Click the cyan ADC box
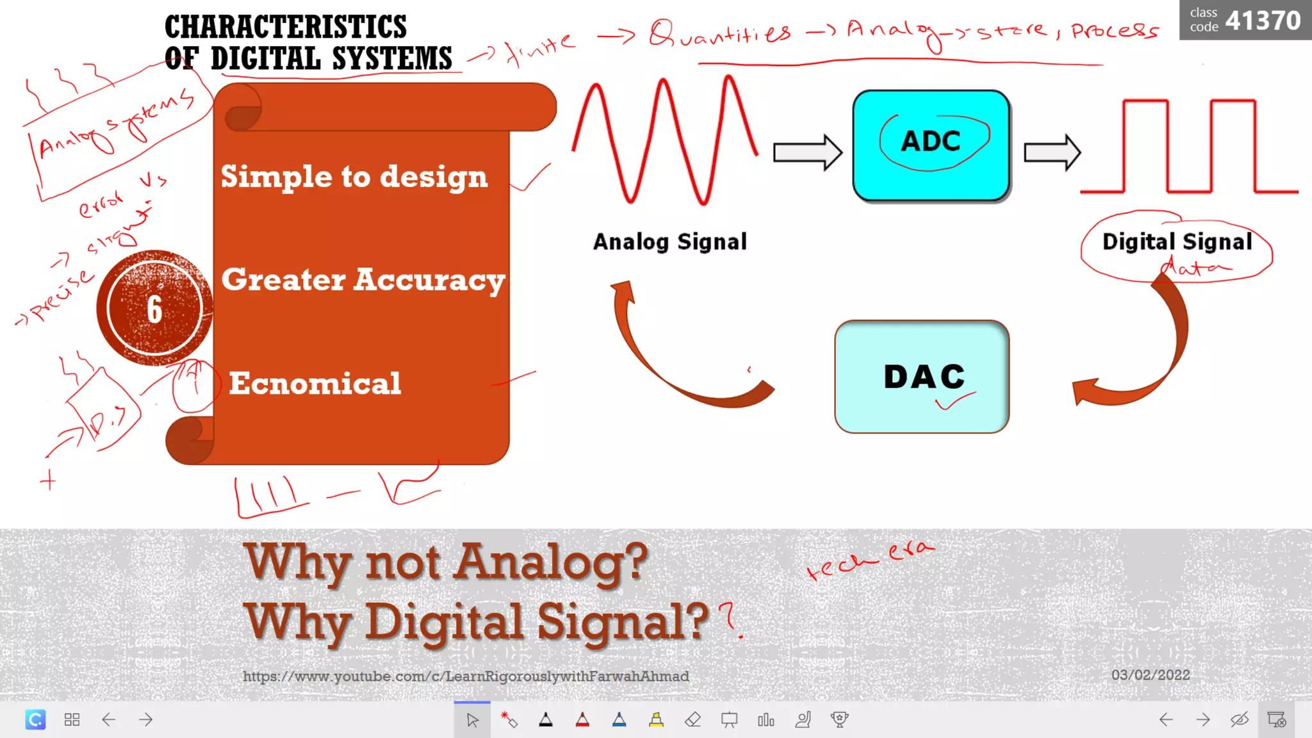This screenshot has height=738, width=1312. (x=931, y=145)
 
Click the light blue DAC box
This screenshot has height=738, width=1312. (x=922, y=377)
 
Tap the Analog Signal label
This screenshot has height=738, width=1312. (x=669, y=242)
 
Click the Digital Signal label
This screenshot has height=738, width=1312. (x=1177, y=242)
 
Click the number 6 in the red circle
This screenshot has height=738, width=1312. (x=154, y=309)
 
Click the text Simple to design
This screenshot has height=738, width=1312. (x=354, y=176)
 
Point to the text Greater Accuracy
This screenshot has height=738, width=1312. (x=363, y=280)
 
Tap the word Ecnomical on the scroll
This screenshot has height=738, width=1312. (x=315, y=383)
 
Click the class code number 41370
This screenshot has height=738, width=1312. (x=1263, y=20)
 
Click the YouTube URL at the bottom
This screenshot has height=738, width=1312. (x=466, y=676)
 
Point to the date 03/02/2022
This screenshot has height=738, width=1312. (x=1151, y=675)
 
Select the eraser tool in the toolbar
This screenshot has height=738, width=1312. (x=693, y=719)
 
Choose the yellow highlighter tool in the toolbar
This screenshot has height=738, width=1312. (x=656, y=719)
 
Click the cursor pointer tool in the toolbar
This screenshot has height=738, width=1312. (x=472, y=719)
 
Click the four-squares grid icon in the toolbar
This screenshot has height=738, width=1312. (x=72, y=719)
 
